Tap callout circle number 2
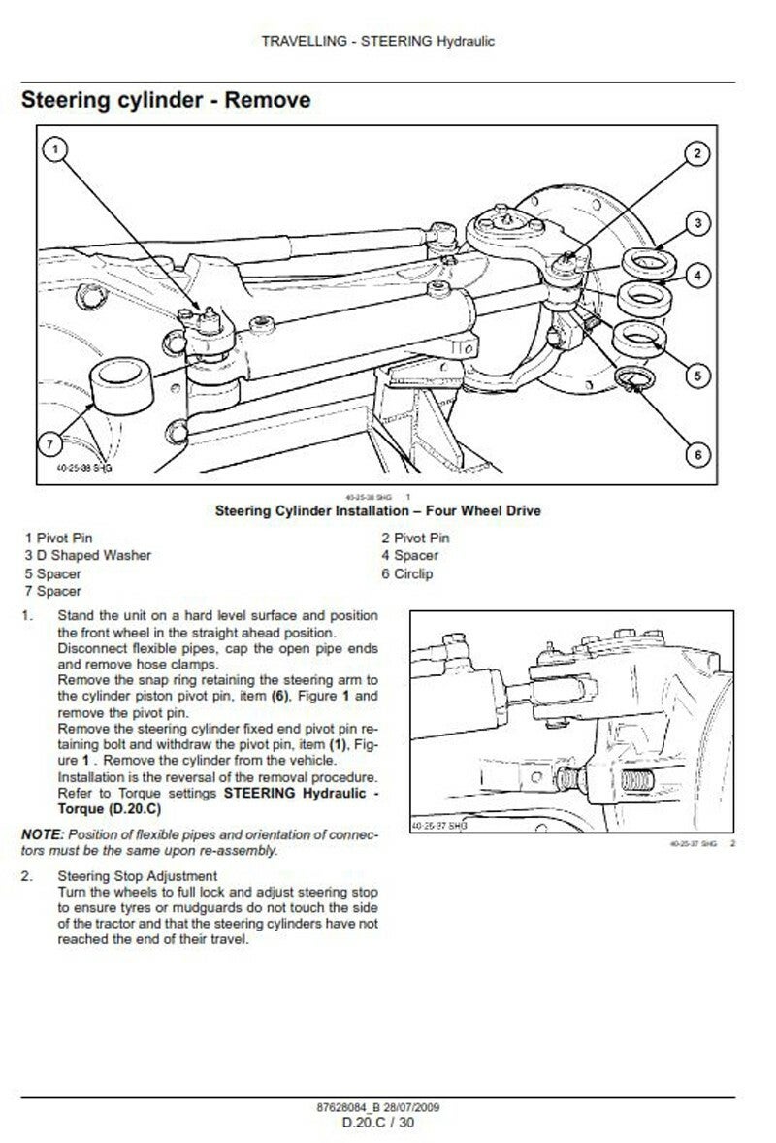click(696, 154)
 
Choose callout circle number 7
click(54, 444)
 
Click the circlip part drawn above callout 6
click(635, 381)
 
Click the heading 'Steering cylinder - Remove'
click(166, 100)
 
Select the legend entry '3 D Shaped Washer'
click(88, 556)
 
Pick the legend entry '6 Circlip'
click(407, 573)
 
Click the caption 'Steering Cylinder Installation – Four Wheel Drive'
click(377, 510)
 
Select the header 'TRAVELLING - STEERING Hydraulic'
click(378, 42)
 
